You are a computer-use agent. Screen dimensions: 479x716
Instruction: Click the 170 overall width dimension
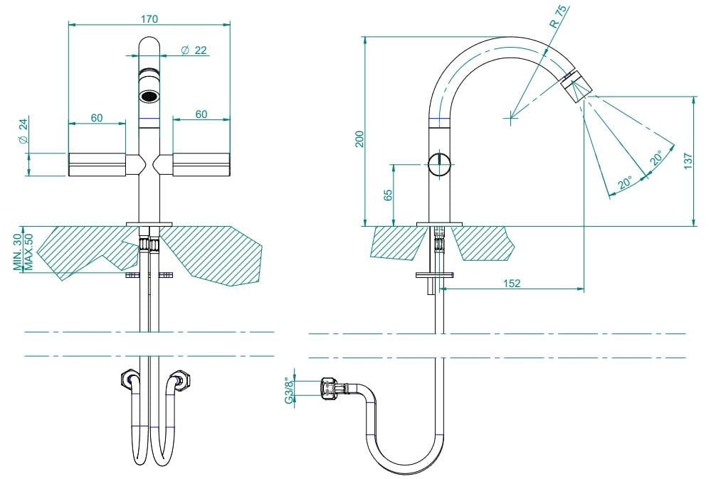[x=149, y=19]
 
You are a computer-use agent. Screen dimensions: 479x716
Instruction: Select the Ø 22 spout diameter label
[x=194, y=50]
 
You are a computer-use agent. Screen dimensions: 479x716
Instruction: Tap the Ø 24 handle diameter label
[x=23, y=132]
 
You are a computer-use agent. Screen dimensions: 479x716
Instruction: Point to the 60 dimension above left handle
[x=97, y=117]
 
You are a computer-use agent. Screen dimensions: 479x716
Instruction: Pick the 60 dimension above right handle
[x=201, y=114]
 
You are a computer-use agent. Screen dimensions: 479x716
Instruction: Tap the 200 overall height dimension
[x=359, y=139]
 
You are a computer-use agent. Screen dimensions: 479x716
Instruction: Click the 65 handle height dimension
[x=388, y=195]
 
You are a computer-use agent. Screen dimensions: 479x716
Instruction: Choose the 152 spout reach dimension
[x=511, y=283]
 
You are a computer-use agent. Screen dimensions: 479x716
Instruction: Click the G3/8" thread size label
[x=289, y=390]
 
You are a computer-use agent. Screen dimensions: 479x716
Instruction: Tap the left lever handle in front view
[x=97, y=164]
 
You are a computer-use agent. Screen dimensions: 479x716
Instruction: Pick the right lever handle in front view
[x=202, y=164]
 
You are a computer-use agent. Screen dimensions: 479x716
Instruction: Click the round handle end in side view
[x=440, y=164]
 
